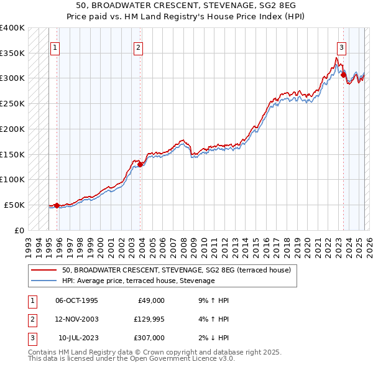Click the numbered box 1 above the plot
(55, 47)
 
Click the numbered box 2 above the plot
(137, 47)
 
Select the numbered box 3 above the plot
(341, 47)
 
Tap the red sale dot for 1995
(57, 205)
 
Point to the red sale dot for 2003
(140, 164)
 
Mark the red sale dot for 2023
(343, 75)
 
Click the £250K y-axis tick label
(12, 103)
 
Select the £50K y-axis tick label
(15, 205)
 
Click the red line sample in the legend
(44, 270)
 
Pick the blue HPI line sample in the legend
(44, 281)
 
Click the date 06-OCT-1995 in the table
(76, 300)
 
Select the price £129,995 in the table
(149, 319)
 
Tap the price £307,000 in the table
(149, 338)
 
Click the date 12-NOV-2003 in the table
(76, 319)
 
